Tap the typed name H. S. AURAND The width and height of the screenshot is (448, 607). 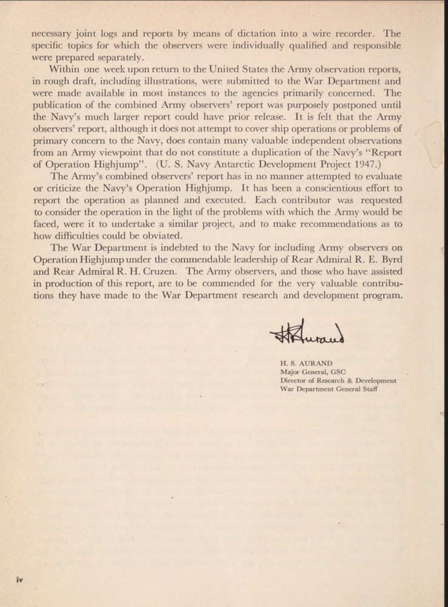pos(306,363)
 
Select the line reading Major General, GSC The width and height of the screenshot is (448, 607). pos(312,371)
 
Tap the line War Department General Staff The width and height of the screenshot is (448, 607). pos(328,389)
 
